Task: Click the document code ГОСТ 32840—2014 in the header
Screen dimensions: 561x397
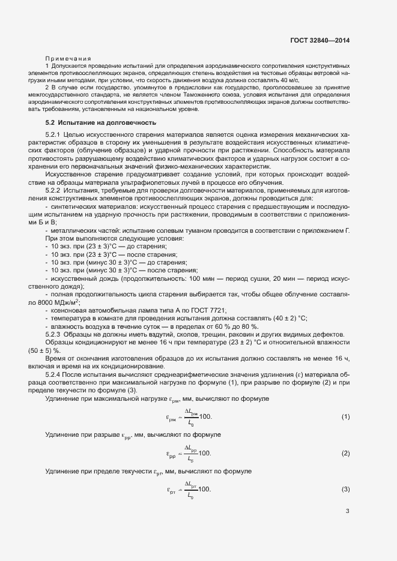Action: click(x=319, y=40)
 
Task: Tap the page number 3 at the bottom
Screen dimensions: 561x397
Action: click(x=347, y=511)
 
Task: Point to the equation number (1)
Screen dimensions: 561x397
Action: click(x=345, y=416)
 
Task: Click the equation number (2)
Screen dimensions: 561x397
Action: click(x=345, y=453)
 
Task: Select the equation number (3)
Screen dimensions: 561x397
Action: click(x=345, y=490)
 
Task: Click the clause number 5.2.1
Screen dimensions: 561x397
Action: click(x=53, y=135)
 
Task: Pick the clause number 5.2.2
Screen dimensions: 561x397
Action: click(x=53, y=190)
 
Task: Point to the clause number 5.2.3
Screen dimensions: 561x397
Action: click(x=53, y=334)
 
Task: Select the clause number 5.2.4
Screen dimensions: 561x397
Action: click(x=53, y=374)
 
